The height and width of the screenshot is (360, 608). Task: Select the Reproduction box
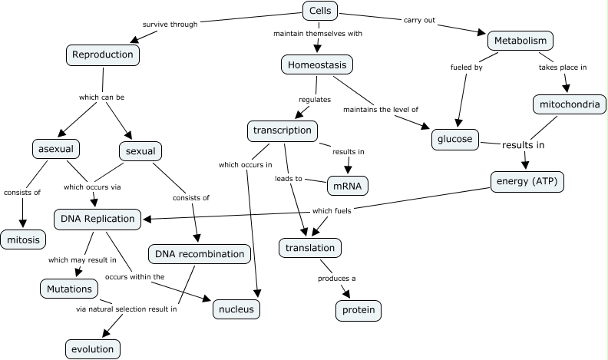coord(102,54)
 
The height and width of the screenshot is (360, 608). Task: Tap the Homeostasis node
coord(317,65)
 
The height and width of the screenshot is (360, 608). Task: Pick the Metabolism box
coord(520,40)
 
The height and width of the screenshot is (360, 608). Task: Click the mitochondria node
coord(570,104)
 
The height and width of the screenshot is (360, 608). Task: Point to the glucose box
coord(455,140)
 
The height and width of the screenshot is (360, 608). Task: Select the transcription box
coord(283,130)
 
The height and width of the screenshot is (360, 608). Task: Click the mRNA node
coord(347,185)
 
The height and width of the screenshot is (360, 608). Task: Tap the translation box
coord(309,248)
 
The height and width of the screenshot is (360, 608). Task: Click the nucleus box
coord(236,309)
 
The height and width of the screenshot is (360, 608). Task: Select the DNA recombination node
coord(200,254)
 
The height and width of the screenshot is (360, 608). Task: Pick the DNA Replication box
coord(98,219)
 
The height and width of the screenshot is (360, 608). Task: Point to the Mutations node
coord(69,289)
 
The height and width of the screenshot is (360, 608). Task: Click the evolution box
coord(92,348)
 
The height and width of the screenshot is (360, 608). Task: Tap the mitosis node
coord(23,240)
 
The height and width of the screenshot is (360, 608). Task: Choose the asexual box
coord(57,147)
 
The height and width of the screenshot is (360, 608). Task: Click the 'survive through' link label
coord(170,24)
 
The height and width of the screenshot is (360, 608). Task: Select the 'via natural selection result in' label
coord(127,310)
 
